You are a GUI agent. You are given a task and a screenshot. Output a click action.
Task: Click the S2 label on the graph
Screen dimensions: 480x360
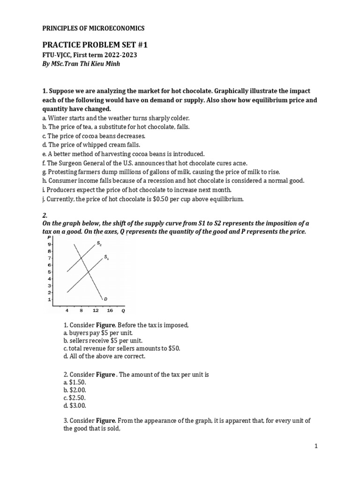99,243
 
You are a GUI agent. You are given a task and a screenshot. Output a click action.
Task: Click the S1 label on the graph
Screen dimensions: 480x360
106,257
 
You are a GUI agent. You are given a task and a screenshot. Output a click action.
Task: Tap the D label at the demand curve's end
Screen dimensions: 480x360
105,299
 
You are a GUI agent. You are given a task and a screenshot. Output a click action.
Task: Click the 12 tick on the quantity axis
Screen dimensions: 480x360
95,310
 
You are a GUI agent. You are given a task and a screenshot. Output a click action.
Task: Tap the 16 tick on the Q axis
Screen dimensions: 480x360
109,310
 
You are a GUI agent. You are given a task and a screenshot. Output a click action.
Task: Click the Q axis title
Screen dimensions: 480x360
123,310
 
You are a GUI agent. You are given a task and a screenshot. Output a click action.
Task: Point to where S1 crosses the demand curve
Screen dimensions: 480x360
88,272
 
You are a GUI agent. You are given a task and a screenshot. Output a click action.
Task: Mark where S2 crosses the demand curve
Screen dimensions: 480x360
81,258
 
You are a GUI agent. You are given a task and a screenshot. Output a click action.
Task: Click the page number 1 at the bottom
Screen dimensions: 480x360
316,446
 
